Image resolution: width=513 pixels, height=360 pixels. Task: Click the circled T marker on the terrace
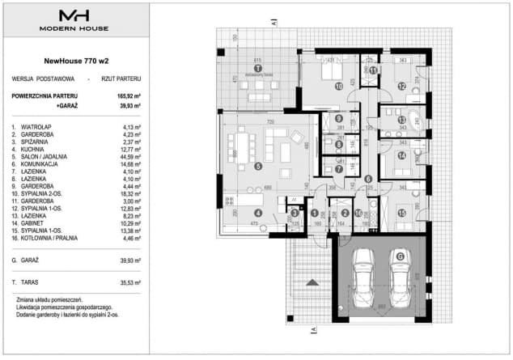coord(258,69)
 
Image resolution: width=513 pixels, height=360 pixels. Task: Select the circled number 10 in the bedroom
coord(339,85)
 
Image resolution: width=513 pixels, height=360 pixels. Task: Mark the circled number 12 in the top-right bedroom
coord(402,86)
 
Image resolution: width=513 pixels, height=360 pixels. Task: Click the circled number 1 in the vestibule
coord(314,213)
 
